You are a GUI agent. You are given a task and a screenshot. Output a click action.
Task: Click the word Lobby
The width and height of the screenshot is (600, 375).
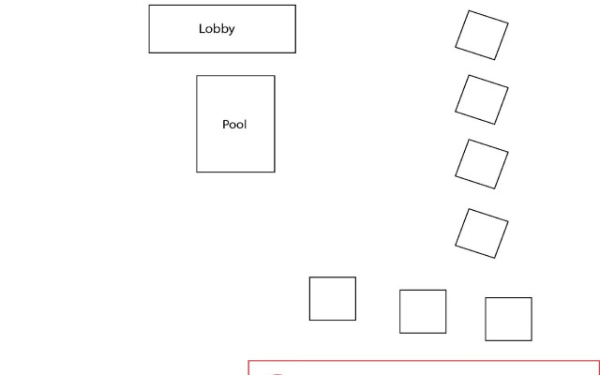pos(217,29)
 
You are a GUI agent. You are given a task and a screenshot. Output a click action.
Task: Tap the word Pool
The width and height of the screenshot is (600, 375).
pos(234,125)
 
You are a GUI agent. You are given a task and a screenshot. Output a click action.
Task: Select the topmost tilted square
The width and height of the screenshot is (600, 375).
pos(482,36)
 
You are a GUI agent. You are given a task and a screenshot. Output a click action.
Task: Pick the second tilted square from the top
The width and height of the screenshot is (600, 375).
pos(482,100)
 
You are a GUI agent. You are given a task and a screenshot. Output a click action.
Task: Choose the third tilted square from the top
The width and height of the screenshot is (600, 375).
pos(482,164)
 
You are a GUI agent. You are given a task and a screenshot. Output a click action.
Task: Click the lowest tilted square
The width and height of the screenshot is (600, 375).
pos(482,233)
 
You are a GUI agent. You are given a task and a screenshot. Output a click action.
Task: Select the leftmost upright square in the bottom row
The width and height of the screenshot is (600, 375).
pos(333,298)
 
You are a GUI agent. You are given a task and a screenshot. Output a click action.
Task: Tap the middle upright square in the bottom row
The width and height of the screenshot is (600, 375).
pos(423,311)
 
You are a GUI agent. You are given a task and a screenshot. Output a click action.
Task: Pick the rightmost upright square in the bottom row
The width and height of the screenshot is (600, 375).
pos(508,319)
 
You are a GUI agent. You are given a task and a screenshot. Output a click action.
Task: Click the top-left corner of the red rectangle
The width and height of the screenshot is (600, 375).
pos(248,361)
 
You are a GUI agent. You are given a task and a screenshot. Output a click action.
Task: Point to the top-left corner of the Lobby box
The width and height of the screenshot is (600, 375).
pos(149,6)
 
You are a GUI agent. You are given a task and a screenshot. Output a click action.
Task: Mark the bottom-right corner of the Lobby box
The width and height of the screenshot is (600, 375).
pos(295,52)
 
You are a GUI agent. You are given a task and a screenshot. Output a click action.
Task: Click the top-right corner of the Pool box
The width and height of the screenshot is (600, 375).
pos(275,76)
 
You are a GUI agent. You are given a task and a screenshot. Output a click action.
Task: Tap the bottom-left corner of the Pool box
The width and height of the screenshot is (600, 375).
pos(197,172)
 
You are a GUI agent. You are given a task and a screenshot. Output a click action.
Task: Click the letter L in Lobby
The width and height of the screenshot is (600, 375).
pos(202,29)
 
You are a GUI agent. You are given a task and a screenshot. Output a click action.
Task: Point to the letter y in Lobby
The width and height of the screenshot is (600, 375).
pos(232,31)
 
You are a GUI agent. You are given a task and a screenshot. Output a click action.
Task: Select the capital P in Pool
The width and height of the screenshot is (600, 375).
pos(226,125)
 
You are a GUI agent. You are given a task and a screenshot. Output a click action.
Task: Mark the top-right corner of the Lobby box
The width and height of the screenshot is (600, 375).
pos(295,6)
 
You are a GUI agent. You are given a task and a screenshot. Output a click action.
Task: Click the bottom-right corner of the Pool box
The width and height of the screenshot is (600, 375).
pos(275,172)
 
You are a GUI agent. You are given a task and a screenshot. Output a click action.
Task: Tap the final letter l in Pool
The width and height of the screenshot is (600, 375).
pos(246,125)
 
